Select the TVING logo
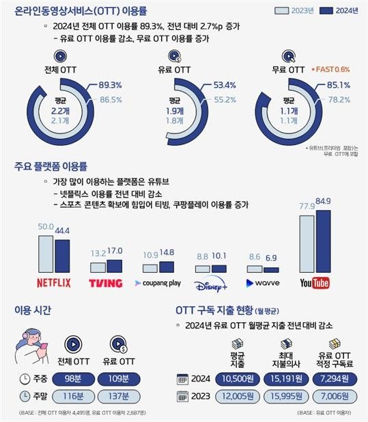(106, 283)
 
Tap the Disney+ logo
(210, 282)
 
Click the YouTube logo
(315, 283)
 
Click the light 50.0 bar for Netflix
(46, 253)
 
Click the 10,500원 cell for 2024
(234, 378)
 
